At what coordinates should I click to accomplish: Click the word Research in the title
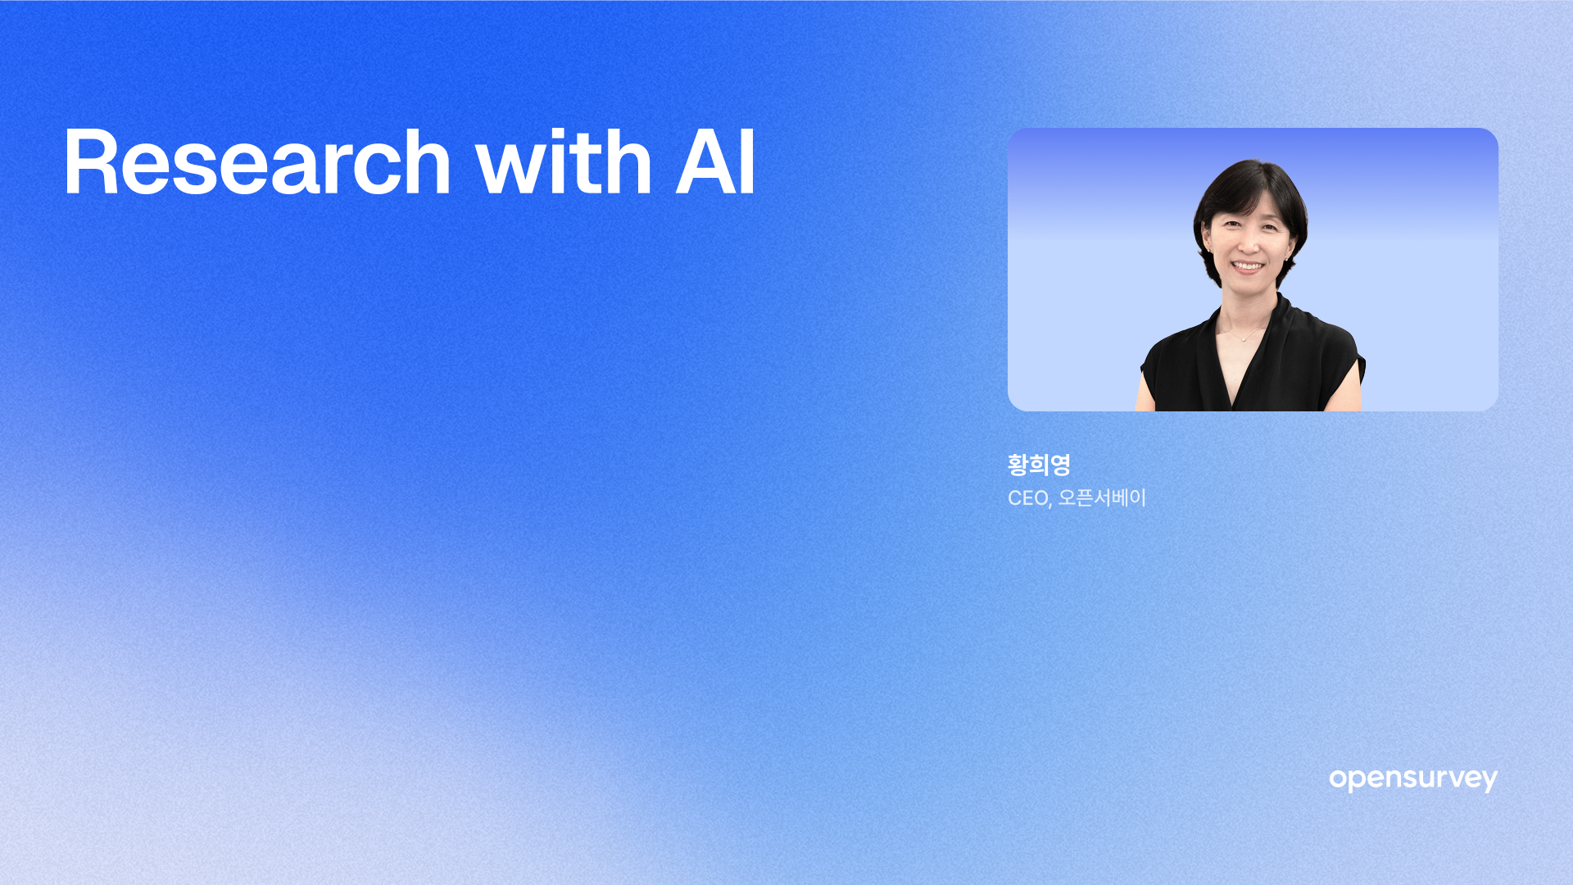pyautogui.click(x=257, y=162)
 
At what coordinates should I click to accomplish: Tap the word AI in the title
pyautogui.click(x=714, y=162)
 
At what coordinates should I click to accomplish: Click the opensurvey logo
pyautogui.click(x=1413, y=779)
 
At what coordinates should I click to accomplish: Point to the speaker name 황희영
pyautogui.click(x=1039, y=465)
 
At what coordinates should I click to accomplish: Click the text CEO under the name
pyautogui.click(x=1027, y=498)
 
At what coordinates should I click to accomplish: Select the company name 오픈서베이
pyautogui.click(x=1102, y=497)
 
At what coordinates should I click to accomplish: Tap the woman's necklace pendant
pyautogui.click(x=1244, y=338)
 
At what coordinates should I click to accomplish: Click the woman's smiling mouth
pyautogui.click(x=1248, y=266)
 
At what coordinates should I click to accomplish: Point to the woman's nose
pyautogui.click(x=1248, y=244)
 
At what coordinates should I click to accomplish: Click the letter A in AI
pyautogui.click(x=705, y=162)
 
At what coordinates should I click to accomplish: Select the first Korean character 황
pyautogui.click(x=1018, y=465)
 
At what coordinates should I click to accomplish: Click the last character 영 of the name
pyautogui.click(x=1060, y=465)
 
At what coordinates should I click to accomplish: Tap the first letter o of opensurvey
pyautogui.click(x=1338, y=778)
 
